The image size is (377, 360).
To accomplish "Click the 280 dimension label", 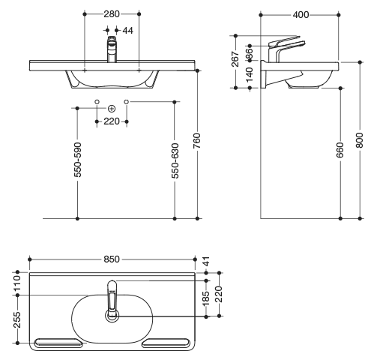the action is point(112,14).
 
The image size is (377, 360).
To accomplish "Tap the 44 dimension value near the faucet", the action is point(128,31).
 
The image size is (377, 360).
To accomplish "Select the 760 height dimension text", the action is point(197,141).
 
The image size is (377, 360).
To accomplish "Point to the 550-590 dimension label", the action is point(78,160).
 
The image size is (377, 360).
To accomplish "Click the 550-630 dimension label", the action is point(175,160).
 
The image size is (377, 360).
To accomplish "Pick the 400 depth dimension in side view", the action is point(301,15).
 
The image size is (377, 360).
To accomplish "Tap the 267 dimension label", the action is point(235,59).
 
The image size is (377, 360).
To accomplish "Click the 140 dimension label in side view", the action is point(250,75).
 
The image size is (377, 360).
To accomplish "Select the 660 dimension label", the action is point(340,150).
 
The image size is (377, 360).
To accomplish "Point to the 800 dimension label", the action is point(360,140).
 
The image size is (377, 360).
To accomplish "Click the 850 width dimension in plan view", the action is point(112,259).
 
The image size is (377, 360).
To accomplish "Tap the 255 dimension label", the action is point(17,319).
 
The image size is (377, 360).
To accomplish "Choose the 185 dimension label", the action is point(205,298).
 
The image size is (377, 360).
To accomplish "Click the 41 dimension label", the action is point(206,261).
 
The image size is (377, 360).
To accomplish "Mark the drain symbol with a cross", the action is point(112,109).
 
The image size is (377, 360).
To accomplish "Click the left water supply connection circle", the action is point(97,102).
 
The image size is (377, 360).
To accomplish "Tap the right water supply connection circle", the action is point(127,102).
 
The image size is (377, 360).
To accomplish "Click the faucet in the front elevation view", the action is point(112,49).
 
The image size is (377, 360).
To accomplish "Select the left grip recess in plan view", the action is point(58,343).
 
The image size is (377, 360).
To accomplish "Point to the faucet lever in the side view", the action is point(284,41).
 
